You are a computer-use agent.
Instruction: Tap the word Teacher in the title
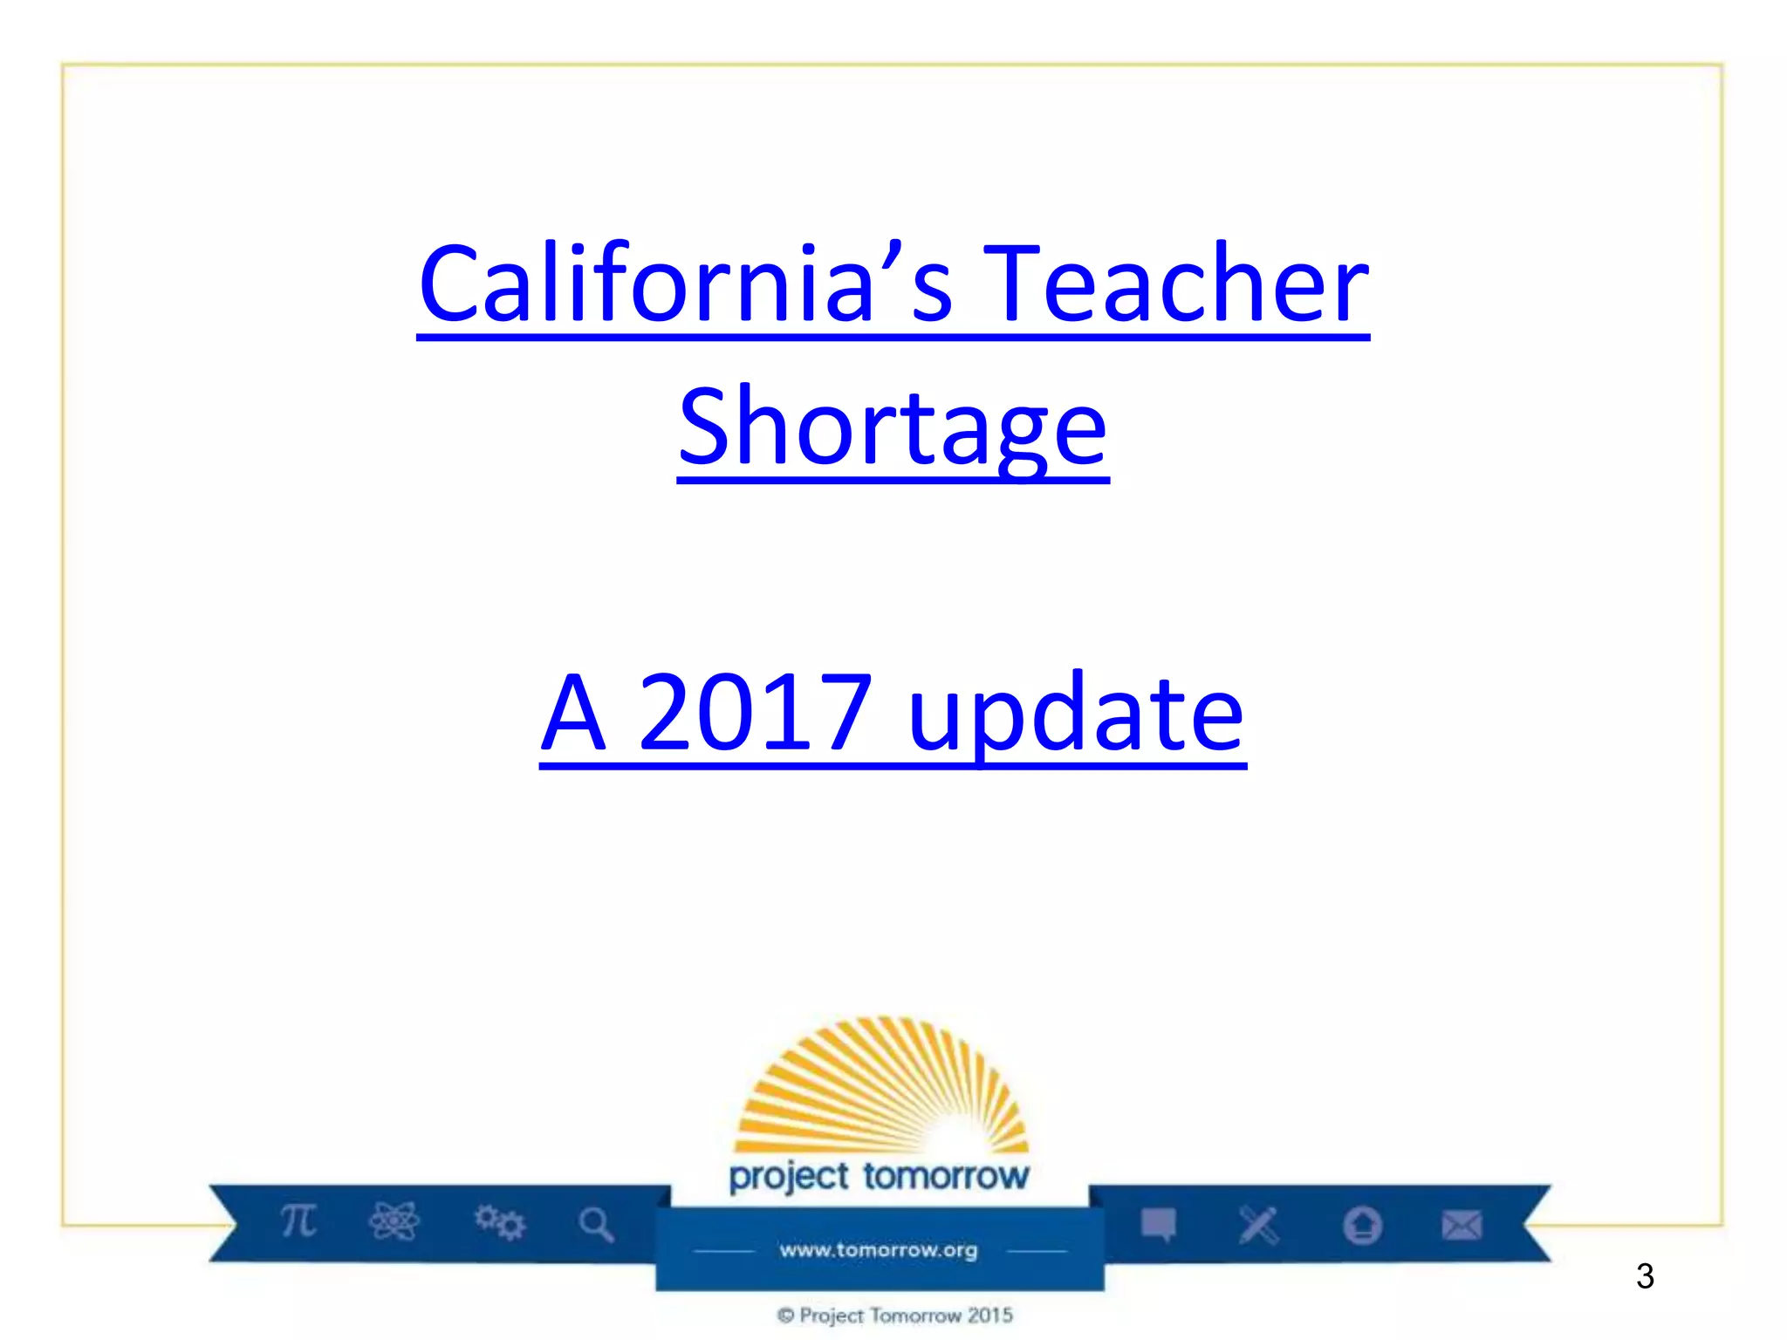[1175, 284]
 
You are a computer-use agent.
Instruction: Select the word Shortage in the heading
[893, 427]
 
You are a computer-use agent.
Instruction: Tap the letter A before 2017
[573, 714]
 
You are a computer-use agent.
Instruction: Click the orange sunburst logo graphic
[881, 1086]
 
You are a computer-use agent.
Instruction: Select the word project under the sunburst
[789, 1177]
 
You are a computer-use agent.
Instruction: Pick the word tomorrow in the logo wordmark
[947, 1176]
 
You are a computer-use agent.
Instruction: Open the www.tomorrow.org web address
[879, 1250]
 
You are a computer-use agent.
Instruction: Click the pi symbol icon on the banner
[298, 1220]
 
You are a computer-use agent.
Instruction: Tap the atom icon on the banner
[394, 1221]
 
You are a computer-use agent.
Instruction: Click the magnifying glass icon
[597, 1224]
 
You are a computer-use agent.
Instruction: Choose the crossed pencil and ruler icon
[1258, 1225]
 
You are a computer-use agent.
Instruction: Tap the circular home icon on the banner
[1362, 1225]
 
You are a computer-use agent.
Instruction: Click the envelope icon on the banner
[1462, 1225]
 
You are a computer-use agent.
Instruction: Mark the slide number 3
[1645, 1276]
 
